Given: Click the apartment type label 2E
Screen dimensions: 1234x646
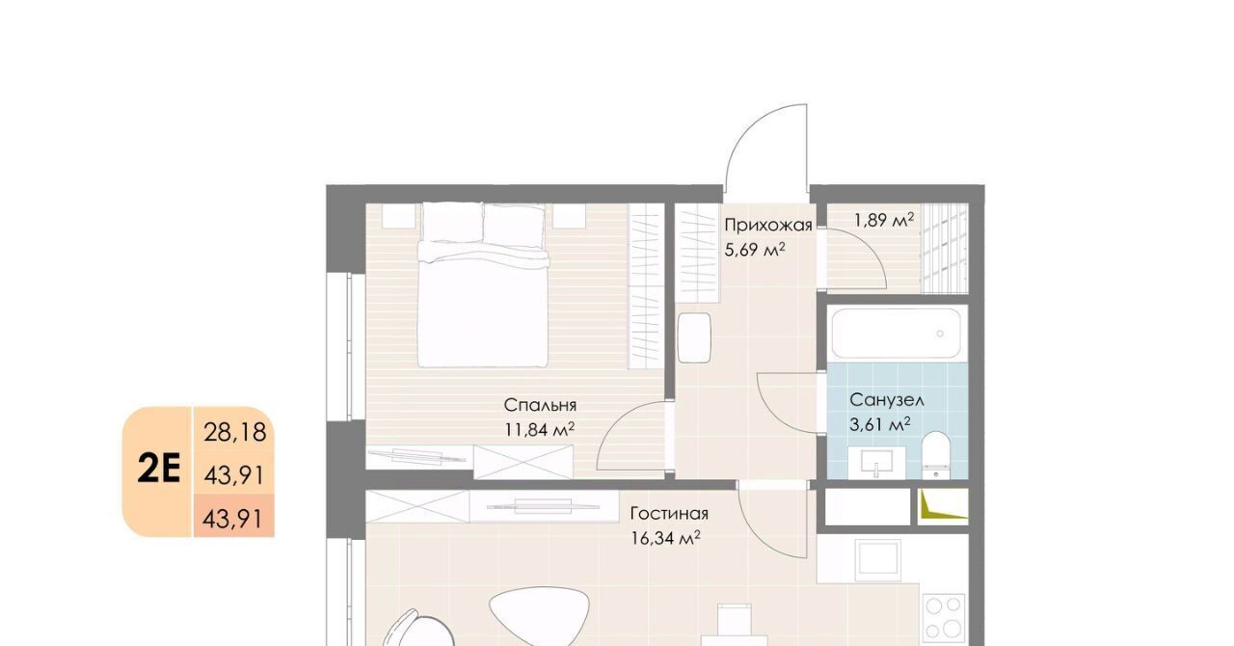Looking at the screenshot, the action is click(x=159, y=471).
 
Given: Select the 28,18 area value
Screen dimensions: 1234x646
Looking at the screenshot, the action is click(x=235, y=432).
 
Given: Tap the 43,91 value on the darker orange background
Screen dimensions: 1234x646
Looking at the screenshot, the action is click(x=234, y=519).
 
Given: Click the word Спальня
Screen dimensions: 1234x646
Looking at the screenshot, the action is click(x=540, y=406).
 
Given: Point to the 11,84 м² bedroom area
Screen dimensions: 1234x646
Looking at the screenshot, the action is click(x=540, y=429).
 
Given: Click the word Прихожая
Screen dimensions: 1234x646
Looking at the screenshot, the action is click(x=768, y=226).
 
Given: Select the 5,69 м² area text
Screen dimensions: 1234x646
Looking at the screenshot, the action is click(x=755, y=250).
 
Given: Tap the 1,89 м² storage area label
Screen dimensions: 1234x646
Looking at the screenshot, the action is click(x=884, y=220).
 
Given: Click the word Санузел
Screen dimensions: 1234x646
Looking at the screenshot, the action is click(x=887, y=400).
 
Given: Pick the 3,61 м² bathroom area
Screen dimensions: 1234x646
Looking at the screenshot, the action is click(x=880, y=424).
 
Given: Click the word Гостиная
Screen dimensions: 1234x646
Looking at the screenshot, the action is click(x=669, y=514).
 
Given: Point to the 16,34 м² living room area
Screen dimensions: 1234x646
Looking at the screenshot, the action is click(x=665, y=538).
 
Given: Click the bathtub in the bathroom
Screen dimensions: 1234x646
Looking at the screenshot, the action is click(x=897, y=334).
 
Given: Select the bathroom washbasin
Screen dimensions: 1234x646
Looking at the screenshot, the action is click(x=876, y=463).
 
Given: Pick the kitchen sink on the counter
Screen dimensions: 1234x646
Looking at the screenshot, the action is click(x=878, y=560).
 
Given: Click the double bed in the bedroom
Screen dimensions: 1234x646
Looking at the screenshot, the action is click(x=483, y=284).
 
